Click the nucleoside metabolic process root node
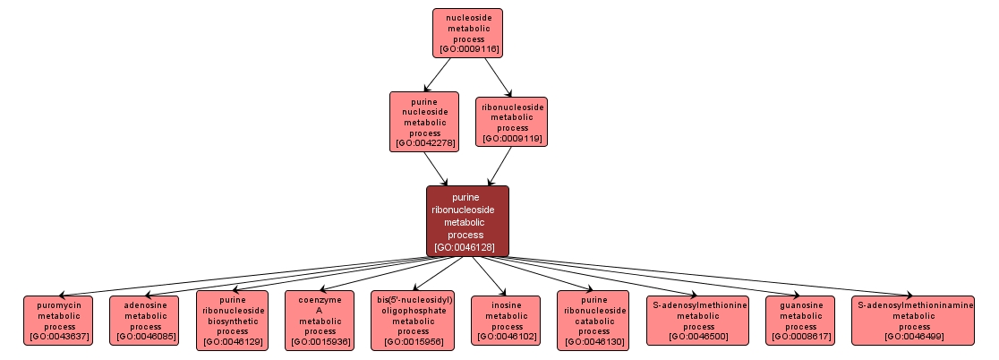[x=467, y=32]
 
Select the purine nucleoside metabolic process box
[x=423, y=121]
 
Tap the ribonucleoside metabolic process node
[x=512, y=122]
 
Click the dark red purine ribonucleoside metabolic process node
[x=467, y=220]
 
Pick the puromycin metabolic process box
[x=58, y=320]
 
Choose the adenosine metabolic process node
[x=145, y=320]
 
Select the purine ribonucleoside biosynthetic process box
[x=232, y=320]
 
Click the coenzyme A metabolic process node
[x=319, y=320]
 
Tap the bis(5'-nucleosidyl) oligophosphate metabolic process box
[x=413, y=320]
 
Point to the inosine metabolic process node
[x=506, y=320]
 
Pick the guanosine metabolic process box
[x=800, y=320]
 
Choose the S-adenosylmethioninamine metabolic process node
[x=912, y=320]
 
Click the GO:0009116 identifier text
[x=468, y=48]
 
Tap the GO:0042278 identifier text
[x=424, y=142]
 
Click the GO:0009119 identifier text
[x=512, y=138]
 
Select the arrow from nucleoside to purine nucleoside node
[x=439, y=73]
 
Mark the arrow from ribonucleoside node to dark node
[x=499, y=166]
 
